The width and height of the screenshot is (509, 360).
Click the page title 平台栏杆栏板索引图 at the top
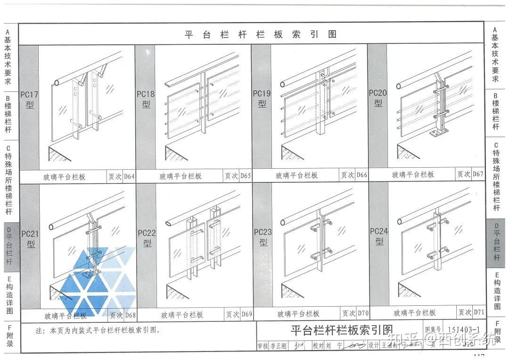point(261,34)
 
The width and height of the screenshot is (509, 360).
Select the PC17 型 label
point(29,99)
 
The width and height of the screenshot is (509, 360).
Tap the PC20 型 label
point(378,98)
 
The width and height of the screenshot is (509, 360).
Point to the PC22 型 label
point(147,238)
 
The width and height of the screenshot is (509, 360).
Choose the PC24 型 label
point(379,236)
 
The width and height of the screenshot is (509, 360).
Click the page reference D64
point(128,177)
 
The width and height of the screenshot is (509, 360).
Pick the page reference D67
point(478,174)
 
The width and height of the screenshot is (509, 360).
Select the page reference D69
point(246,314)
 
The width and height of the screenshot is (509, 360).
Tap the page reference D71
point(479,312)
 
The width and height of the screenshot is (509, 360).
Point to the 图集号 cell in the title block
point(433,330)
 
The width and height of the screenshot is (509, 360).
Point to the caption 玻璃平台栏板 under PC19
point(296,176)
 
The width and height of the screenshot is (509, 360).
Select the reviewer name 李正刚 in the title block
point(278,346)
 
